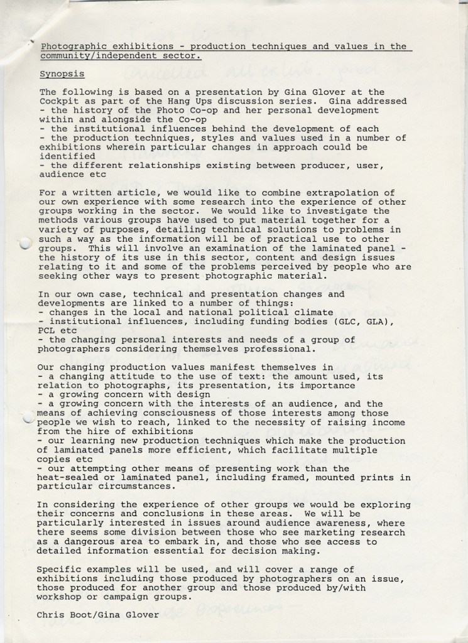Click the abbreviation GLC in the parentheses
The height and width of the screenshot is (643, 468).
click(347, 321)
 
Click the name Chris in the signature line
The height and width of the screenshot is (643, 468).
click(50, 615)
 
